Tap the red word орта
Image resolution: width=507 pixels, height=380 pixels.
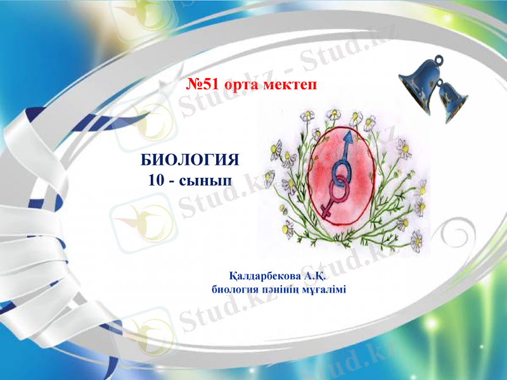pos(250,85)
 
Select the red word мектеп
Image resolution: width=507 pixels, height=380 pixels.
pos(293,85)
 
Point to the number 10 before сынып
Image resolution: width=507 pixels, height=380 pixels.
pos(156,180)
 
